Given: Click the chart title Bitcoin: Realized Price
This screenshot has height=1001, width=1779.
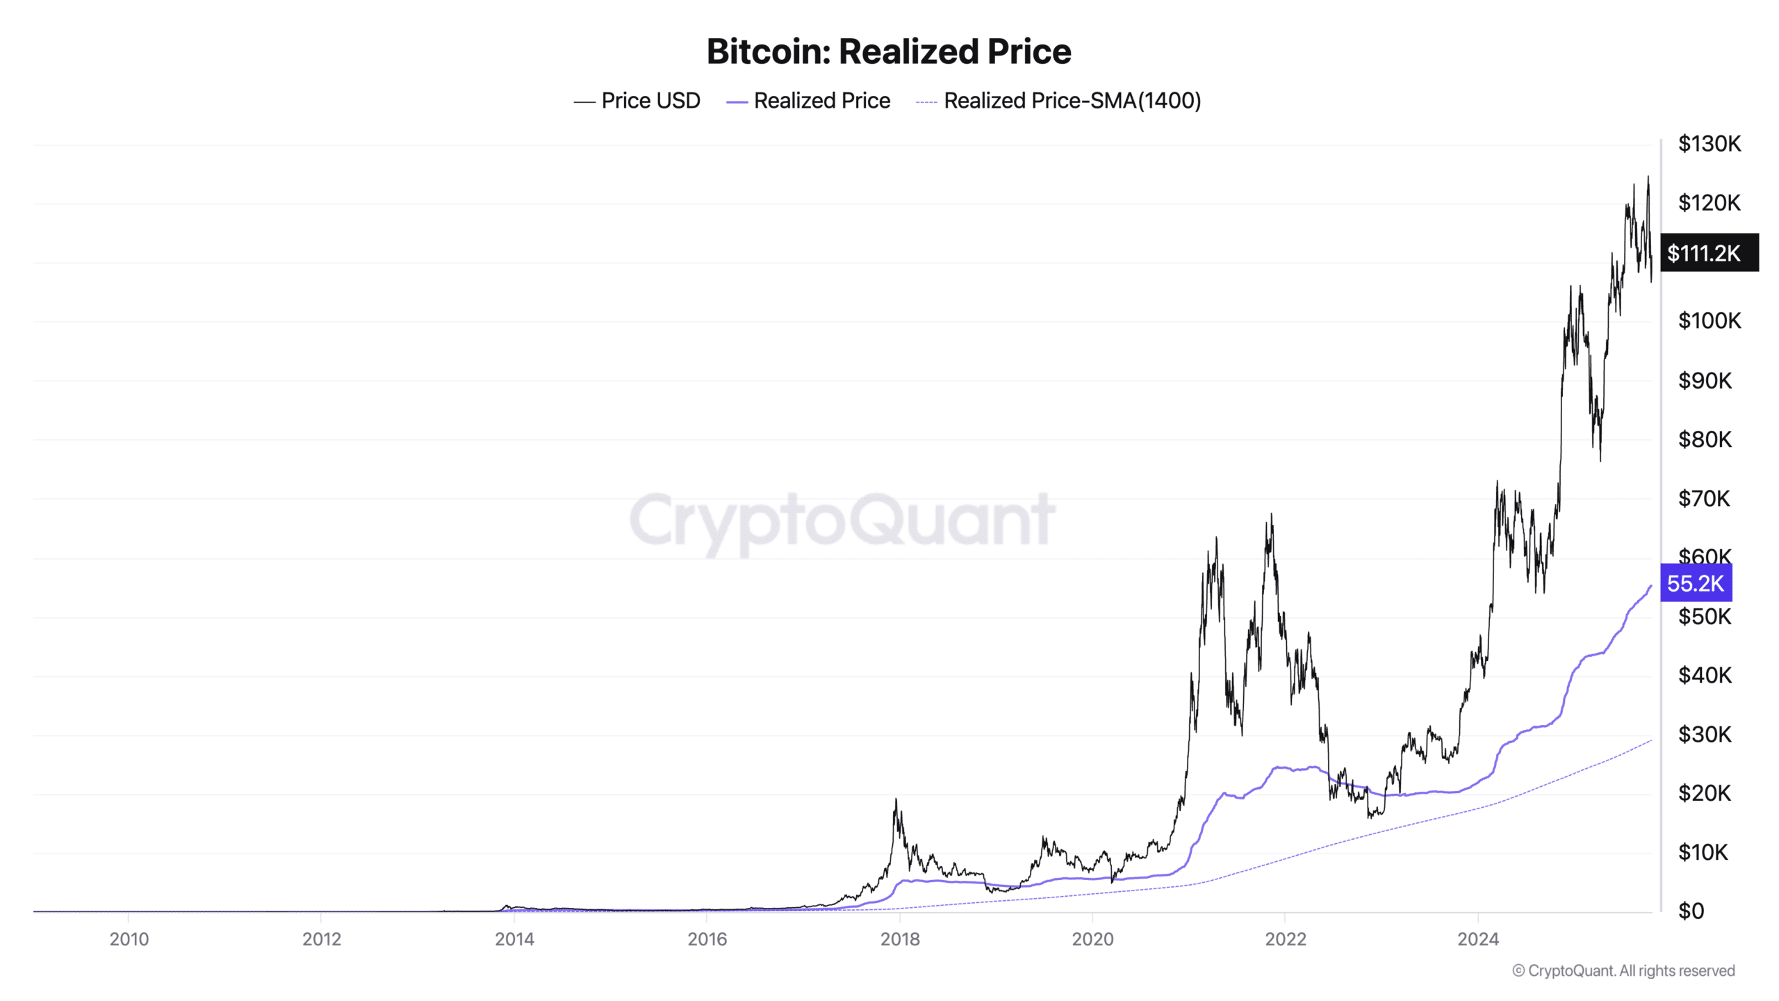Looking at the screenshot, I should tap(889, 51).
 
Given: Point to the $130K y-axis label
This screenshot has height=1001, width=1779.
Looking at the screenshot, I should tap(1709, 144).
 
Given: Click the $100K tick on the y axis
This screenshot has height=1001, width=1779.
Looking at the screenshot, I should tap(1709, 320).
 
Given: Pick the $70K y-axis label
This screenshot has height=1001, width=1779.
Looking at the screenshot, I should tap(1704, 498).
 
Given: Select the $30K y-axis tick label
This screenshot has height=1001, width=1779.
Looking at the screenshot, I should tap(1704, 734).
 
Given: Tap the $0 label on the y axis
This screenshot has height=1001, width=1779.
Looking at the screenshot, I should tap(1691, 911).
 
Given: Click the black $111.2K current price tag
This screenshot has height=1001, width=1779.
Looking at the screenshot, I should tap(1709, 253).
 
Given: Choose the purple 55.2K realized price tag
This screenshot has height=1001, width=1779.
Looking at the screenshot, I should tap(1696, 583).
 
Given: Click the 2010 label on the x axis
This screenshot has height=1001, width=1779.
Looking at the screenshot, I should tap(129, 939).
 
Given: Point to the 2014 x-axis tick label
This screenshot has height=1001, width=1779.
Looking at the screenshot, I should tap(514, 939).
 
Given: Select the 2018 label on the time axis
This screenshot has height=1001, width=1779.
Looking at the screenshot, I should tap(900, 939).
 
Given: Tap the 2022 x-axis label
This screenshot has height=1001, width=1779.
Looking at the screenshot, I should tap(1285, 939).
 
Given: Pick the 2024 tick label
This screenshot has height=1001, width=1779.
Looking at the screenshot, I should tap(1478, 939).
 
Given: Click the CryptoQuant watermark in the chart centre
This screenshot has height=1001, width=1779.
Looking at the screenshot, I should tap(842, 520).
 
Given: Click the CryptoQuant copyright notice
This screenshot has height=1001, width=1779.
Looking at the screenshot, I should tap(1623, 970).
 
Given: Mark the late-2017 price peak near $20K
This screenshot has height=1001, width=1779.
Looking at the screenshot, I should tap(896, 800).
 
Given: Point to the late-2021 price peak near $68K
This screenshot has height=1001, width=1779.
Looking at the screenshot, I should tap(1271, 515).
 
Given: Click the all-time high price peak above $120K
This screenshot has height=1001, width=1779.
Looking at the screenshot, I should tap(1648, 178).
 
